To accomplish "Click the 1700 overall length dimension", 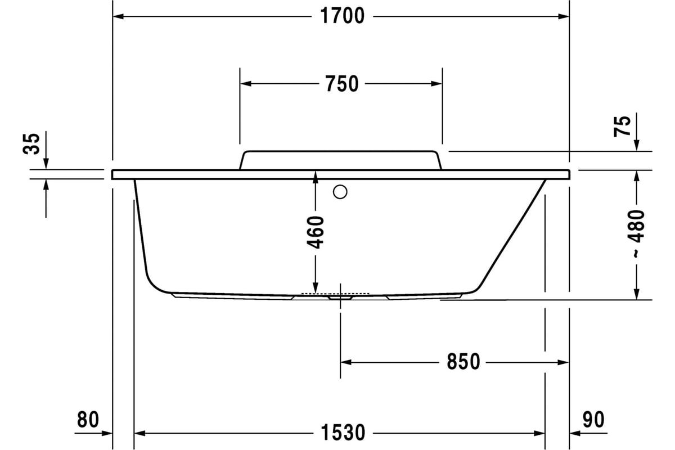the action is [342, 16].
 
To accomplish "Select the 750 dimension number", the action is [342, 84].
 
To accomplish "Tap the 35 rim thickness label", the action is [31, 144].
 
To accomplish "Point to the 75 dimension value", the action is [622, 126].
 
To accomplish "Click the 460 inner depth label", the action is [315, 232].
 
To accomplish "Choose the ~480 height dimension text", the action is [636, 233].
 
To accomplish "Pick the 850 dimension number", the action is [463, 362].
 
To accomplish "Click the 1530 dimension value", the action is [343, 433].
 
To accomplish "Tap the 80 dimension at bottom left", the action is [88, 419].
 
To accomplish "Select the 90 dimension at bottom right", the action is [593, 419].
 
